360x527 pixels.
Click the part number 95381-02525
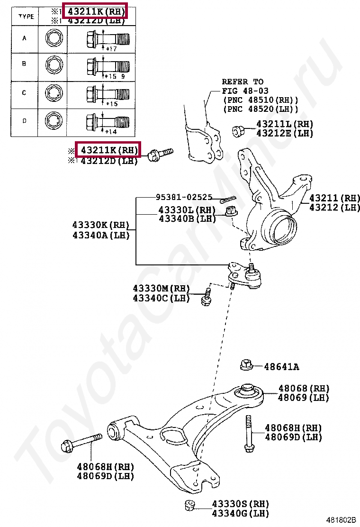point(184,197)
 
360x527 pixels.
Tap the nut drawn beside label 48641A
point(246,365)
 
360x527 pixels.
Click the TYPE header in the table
point(26,16)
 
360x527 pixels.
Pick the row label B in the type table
point(24,63)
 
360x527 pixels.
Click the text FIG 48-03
point(243,91)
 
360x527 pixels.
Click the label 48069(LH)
point(303,398)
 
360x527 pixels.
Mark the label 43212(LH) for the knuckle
point(334,208)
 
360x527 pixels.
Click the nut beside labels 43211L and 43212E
point(239,129)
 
